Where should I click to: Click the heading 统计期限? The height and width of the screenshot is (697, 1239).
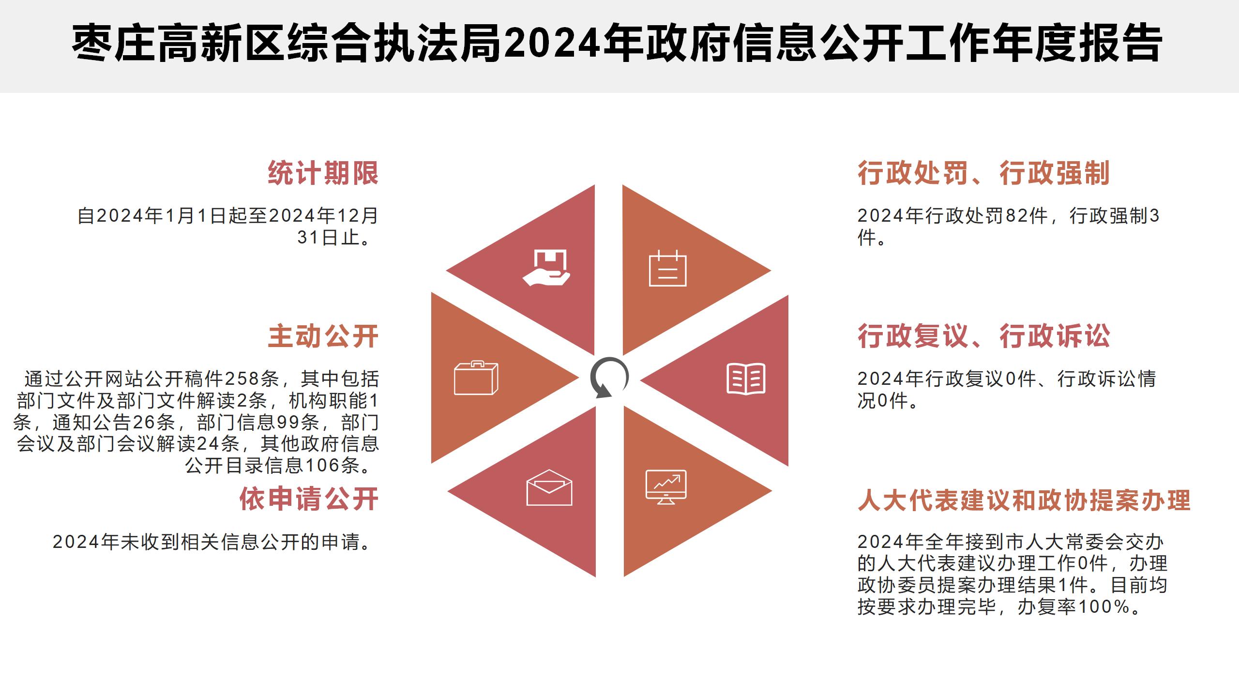(323, 173)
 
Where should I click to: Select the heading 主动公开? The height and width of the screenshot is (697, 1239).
(323, 336)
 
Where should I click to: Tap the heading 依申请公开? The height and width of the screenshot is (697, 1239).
(309, 499)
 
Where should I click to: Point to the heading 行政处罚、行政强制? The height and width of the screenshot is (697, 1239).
(983, 173)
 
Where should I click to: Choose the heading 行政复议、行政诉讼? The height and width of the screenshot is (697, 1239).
(983, 336)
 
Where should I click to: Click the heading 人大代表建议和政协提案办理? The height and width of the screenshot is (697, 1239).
(1024, 500)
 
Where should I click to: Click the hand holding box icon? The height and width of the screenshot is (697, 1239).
(546, 268)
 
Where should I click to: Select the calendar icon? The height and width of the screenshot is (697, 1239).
(668, 269)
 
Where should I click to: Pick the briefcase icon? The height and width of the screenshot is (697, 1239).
(476, 378)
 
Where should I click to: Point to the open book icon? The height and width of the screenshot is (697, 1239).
(746, 379)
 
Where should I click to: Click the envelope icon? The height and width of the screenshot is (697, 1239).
(549, 487)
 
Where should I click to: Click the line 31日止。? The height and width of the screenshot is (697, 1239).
(336, 237)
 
